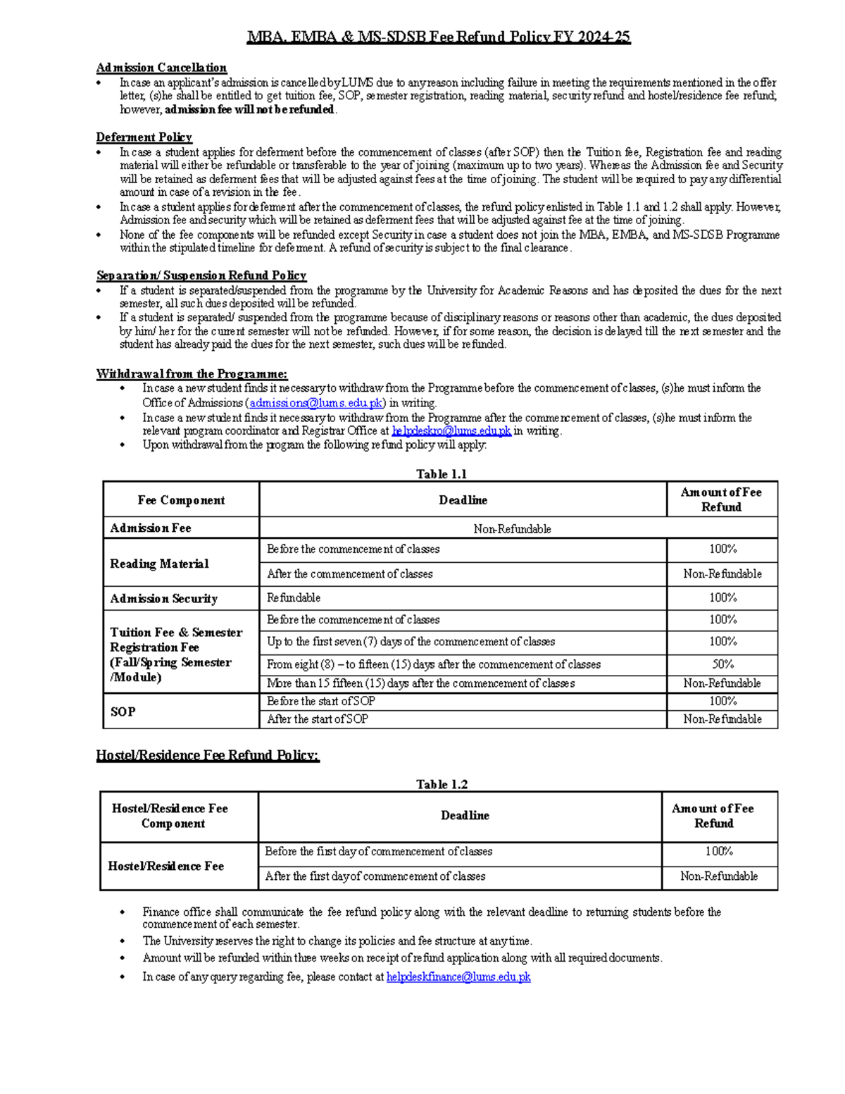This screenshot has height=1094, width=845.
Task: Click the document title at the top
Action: click(x=438, y=37)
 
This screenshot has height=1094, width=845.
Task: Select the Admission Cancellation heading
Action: click(x=161, y=68)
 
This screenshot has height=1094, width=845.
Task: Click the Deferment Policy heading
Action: click(x=144, y=137)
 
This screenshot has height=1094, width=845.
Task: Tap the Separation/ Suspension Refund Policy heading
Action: click(x=201, y=275)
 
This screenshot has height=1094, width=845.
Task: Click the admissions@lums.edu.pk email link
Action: click(x=316, y=403)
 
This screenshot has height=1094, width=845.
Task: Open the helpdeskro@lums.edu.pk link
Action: click(x=451, y=430)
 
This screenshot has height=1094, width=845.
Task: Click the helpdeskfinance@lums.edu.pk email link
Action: click(x=458, y=977)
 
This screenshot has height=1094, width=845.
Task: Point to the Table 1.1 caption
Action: click(x=442, y=474)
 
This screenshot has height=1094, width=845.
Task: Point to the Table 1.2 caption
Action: click(x=442, y=784)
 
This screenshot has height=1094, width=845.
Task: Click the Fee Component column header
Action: click(x=181, y=500)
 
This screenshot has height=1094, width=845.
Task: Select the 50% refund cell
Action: click(x=722, y=664)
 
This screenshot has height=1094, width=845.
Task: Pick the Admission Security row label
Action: click(x=164, y=599)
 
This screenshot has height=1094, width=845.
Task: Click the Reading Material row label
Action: click(x=159, y=564)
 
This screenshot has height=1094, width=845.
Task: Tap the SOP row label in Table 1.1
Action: click(x=123, y=711)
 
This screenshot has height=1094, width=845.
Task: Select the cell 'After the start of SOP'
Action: click(x=318, y=719)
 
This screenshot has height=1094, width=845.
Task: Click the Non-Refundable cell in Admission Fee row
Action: click(x=512, y=529)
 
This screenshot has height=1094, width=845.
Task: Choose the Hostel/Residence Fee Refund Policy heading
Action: click(x=208, y=755)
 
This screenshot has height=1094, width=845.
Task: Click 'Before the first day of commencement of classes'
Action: click(x=378, y=852)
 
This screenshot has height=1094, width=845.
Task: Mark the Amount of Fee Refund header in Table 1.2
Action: click(x=713, y=816)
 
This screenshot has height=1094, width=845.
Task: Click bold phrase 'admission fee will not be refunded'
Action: click(x=249, y=110)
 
